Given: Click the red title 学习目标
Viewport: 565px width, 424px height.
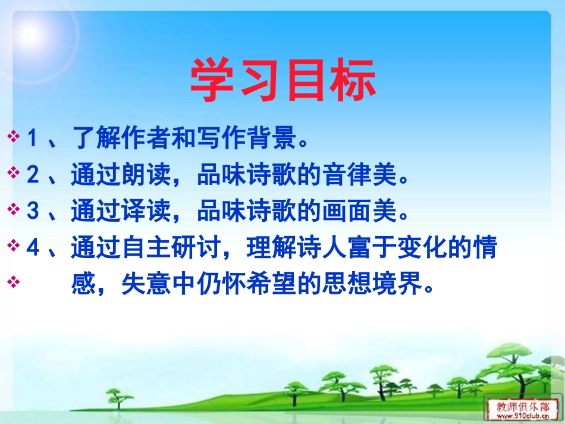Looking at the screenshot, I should [282, 81].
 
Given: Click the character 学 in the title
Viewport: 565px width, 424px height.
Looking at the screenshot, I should [212, 81].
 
